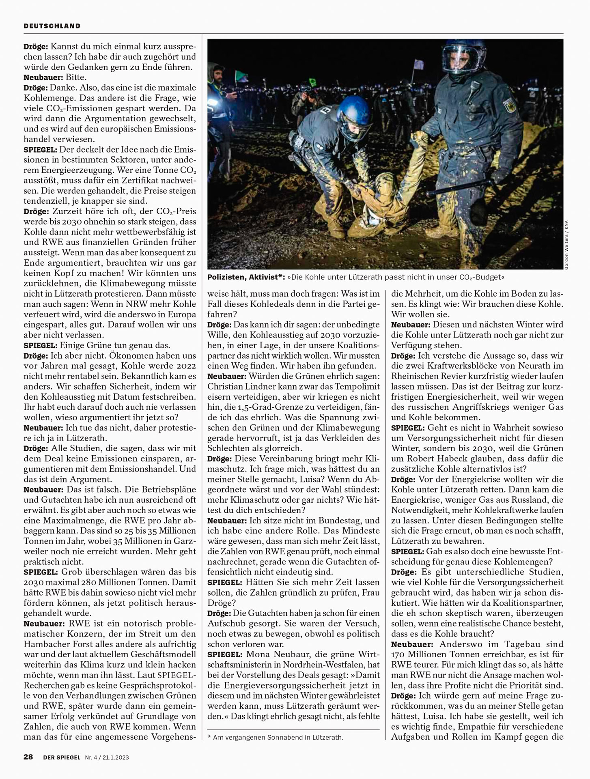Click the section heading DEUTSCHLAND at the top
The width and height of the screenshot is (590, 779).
tap(52, 26)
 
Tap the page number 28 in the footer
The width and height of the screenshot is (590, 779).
tap(28, 757)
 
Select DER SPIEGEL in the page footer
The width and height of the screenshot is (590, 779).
tap(62, 757)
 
